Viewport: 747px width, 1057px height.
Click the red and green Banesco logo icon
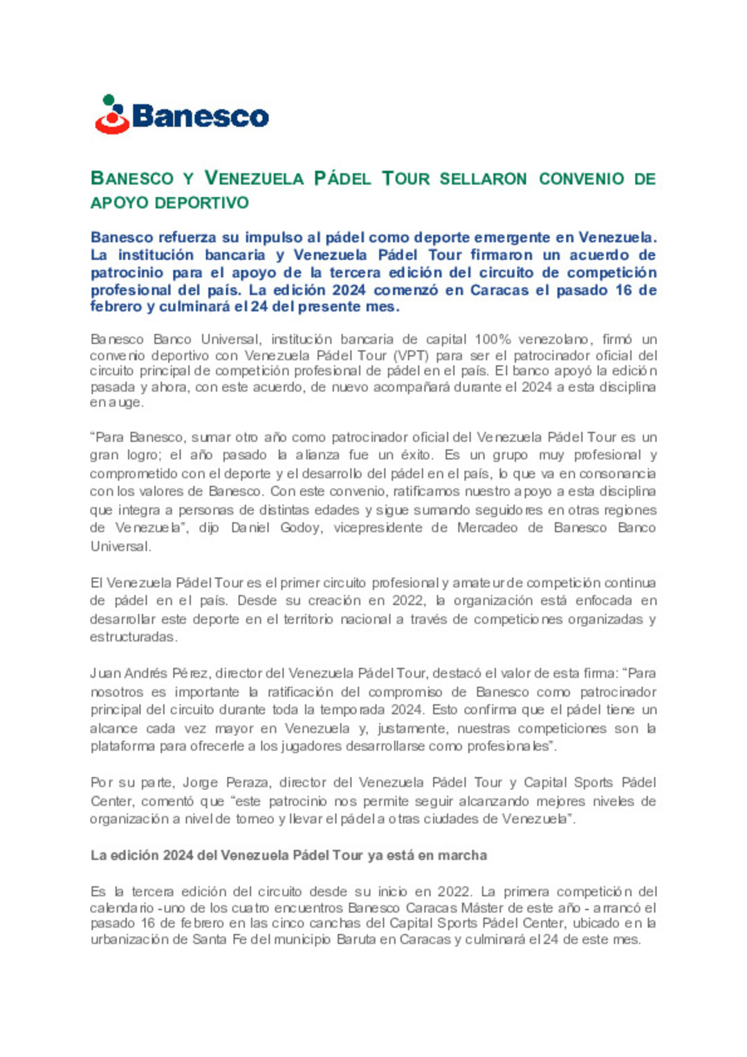point(112,115)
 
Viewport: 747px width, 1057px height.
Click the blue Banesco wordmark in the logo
point(200,116)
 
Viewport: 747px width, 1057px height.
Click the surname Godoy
point(300,528)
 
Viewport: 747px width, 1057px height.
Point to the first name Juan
point(104,673)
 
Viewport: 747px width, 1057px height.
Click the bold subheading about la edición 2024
point(288,856)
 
